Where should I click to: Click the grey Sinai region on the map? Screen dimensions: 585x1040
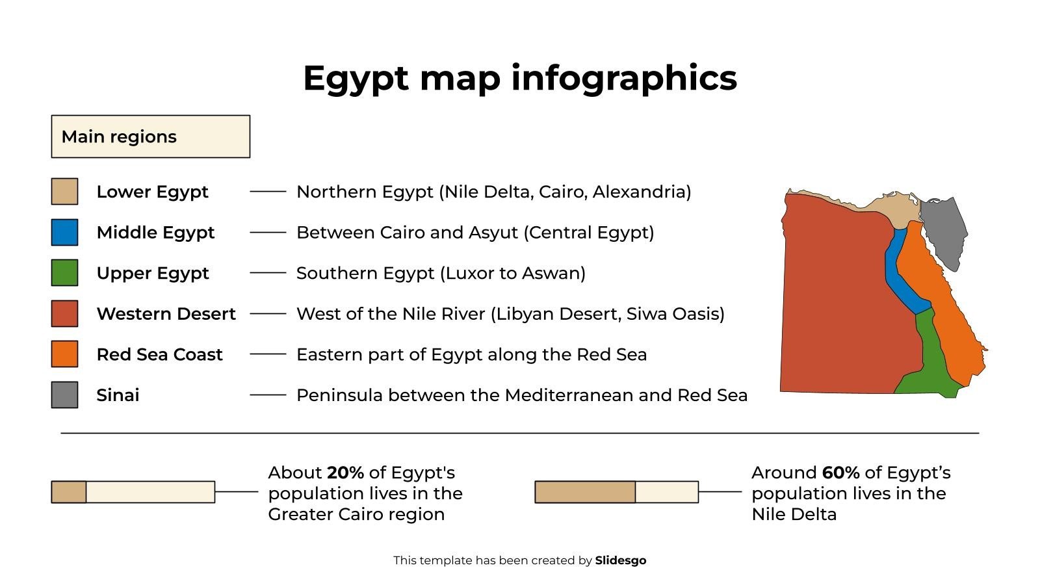click(x=944, y=227)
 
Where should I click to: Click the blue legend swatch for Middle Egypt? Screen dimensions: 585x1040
click(x=64, y=232)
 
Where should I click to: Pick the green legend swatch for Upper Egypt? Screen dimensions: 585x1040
click(x=64, y=273)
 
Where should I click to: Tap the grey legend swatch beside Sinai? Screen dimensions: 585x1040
click(x=64, y=395)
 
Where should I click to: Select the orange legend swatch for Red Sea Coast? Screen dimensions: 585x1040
click(x=64, y=354)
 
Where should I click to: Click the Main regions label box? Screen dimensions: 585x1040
click(x=150, y=136)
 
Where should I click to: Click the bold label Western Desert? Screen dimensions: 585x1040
click(x=166, y=314)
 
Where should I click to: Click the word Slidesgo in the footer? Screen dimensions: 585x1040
click(x=620, y=560)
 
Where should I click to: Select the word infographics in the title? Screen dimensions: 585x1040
click(x=624, y=78)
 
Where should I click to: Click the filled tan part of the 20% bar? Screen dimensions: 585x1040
click(x=69, y=492)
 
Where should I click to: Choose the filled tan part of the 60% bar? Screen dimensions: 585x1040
click(x=585, y=492)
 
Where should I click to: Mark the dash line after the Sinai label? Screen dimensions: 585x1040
click(x=268, y=395)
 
